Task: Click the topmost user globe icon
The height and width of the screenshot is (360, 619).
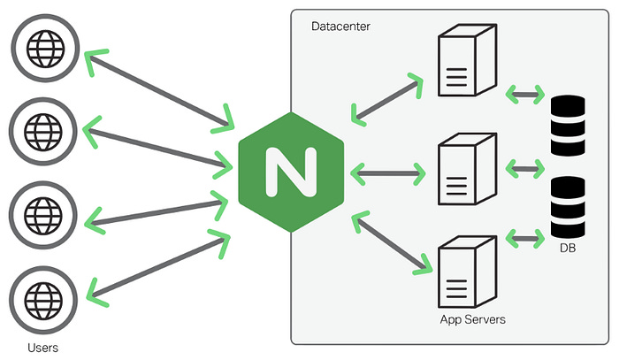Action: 43,45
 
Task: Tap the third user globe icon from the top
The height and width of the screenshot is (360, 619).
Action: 43,215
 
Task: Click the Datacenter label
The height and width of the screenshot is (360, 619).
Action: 341,27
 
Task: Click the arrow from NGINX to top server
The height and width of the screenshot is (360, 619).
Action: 387,98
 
